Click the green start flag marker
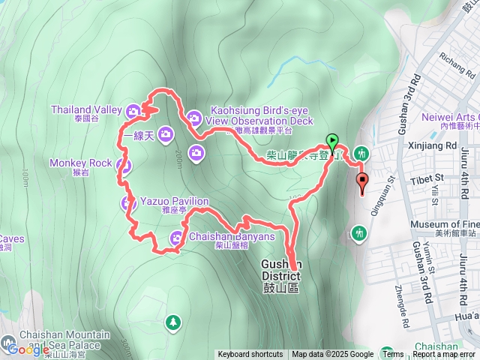[331, 140]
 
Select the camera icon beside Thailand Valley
[133, 110]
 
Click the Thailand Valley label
[86, 109]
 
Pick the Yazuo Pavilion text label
[174, 201]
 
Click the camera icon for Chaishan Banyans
[175, 238]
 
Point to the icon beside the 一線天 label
[165, 135]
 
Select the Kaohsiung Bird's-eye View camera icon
[194, 117]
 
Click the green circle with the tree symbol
[173, 322]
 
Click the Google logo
[28, 348]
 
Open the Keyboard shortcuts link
[250, 355]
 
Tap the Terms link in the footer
[392, 355]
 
